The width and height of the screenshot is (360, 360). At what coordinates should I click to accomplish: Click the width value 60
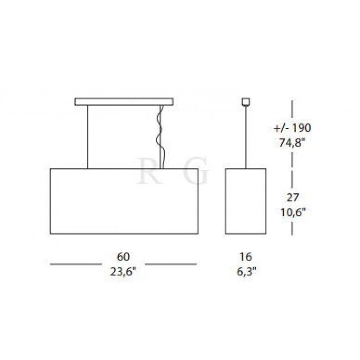[123, 256]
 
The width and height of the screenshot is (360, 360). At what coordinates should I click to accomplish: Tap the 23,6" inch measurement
[123, 272]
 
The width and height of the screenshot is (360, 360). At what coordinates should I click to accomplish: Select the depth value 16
[246, 256]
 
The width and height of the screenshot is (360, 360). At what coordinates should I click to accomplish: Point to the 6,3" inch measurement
[246, 272]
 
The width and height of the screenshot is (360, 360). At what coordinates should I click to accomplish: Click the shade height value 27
[292, 198]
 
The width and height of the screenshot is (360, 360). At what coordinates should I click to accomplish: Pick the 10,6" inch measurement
[293, 212]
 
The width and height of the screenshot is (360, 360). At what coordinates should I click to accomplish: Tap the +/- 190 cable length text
[292, 128]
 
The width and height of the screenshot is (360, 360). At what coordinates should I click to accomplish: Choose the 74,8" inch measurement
[292, 143]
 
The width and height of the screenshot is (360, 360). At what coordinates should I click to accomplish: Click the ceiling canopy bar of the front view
[124, 102]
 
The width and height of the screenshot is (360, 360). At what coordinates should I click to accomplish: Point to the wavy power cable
[161, 137]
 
